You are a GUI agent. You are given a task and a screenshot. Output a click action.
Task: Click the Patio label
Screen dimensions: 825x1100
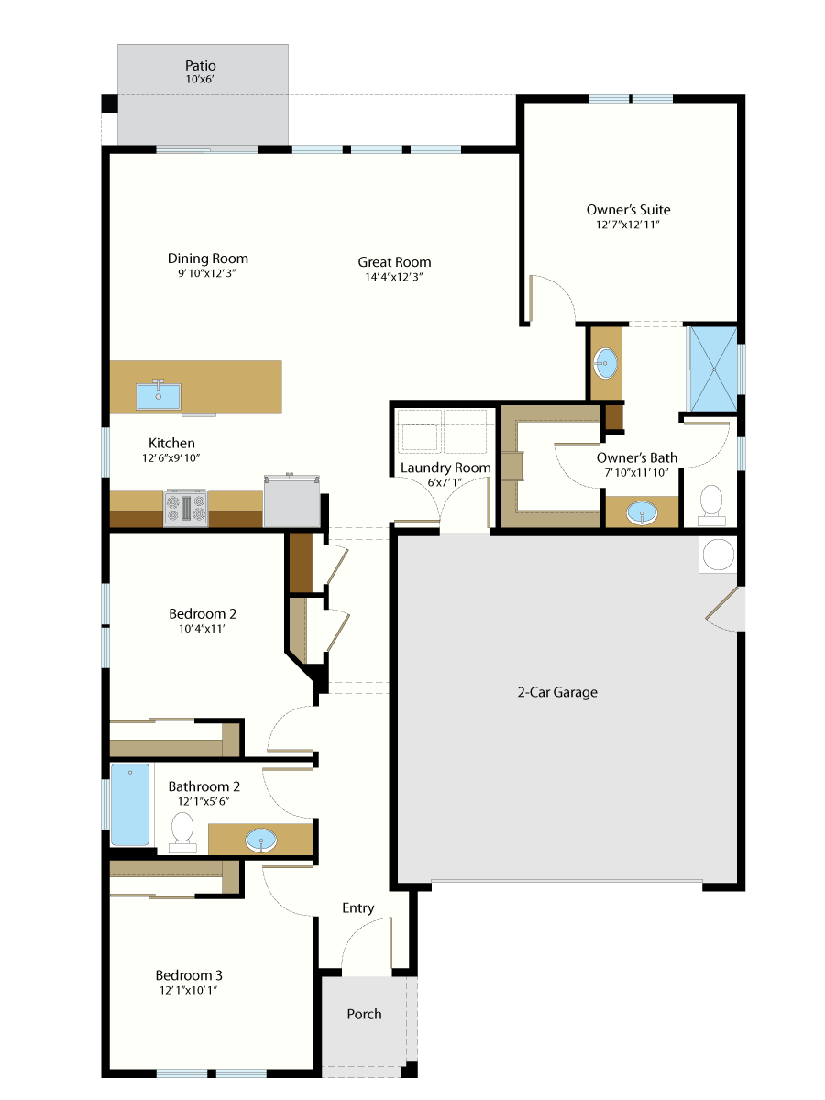coord(201,66)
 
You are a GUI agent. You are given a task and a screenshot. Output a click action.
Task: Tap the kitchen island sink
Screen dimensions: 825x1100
coord(159,395)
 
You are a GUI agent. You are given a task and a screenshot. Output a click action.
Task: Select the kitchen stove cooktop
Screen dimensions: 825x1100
coord(186,508)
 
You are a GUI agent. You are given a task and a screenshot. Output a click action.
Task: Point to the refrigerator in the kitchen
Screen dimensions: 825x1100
coord(292,500)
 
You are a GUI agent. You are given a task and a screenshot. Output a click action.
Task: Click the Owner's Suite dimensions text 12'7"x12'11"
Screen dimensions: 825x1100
coord(628,225)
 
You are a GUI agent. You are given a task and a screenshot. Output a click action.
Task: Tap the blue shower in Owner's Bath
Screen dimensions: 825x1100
coord(713,369)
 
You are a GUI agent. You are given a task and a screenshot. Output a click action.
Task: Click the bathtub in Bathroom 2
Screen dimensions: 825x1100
coord(130,805)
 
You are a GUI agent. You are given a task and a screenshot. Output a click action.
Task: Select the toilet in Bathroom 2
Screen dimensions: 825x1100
coord(182,832)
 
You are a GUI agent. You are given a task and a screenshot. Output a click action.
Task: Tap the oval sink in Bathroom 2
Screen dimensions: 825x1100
coord(261,841)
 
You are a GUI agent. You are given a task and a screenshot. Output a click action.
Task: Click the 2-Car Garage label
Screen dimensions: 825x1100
coord(557,693)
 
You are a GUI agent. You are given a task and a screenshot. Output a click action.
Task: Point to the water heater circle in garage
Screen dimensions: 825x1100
coord(719,555)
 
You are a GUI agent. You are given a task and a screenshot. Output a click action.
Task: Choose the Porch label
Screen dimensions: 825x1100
coord(364,1015)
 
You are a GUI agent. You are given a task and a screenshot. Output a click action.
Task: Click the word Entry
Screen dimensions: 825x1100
coord(358,908)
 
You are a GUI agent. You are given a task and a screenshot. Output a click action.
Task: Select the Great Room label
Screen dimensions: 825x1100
coord(394,262)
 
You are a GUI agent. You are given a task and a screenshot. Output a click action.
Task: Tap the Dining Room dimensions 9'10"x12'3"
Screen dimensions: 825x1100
coord(207,273)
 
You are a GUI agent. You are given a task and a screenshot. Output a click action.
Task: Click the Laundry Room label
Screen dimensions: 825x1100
coord(445,468)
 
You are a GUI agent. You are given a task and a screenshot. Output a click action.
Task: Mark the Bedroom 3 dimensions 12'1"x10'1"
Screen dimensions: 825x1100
coord(188,990)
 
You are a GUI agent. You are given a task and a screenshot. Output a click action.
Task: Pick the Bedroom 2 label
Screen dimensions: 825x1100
coord(203,614)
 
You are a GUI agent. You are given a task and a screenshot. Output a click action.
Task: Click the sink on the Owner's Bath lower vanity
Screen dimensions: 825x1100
coord(642,512)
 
